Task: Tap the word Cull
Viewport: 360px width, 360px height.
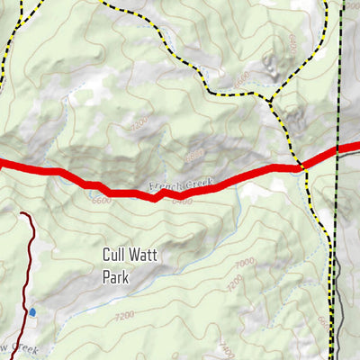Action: tap(117, 256)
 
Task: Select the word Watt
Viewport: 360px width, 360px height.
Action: tap(144, 256)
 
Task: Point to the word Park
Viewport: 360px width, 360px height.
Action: tap(116, 277)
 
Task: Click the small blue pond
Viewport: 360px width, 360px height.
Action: tap(32, 311)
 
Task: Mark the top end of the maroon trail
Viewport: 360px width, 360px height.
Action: tap(22, 214)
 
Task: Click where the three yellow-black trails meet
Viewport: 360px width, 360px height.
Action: tap(270, 94)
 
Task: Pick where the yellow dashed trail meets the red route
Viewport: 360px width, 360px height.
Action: tap(301, 166)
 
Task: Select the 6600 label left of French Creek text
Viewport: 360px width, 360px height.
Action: tap(102, 200)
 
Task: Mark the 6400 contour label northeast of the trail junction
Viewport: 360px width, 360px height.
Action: tap(292, 42)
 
